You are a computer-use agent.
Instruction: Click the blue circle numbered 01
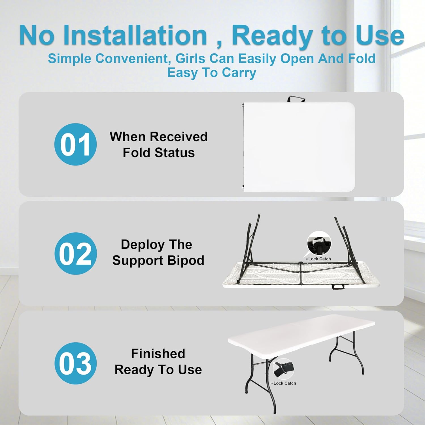pos(75,144)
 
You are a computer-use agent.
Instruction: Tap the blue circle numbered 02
pos(75,253)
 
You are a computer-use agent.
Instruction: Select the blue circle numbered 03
pos(75,363)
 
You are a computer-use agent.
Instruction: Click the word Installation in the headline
pos(135,35)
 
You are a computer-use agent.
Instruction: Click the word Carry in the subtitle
pos(239,73)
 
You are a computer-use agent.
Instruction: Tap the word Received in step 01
pos(179,137)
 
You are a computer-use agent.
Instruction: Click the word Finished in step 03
pos(158,354)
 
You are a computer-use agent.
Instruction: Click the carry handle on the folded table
pos(296,99)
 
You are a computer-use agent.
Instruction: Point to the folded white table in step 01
pos(299,146)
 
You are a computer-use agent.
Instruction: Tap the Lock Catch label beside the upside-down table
pos(318,259)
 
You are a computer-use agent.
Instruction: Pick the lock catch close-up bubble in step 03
pos(283,369)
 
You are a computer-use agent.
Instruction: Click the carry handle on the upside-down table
pos(338,287)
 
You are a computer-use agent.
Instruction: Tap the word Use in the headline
pos(380,35)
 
